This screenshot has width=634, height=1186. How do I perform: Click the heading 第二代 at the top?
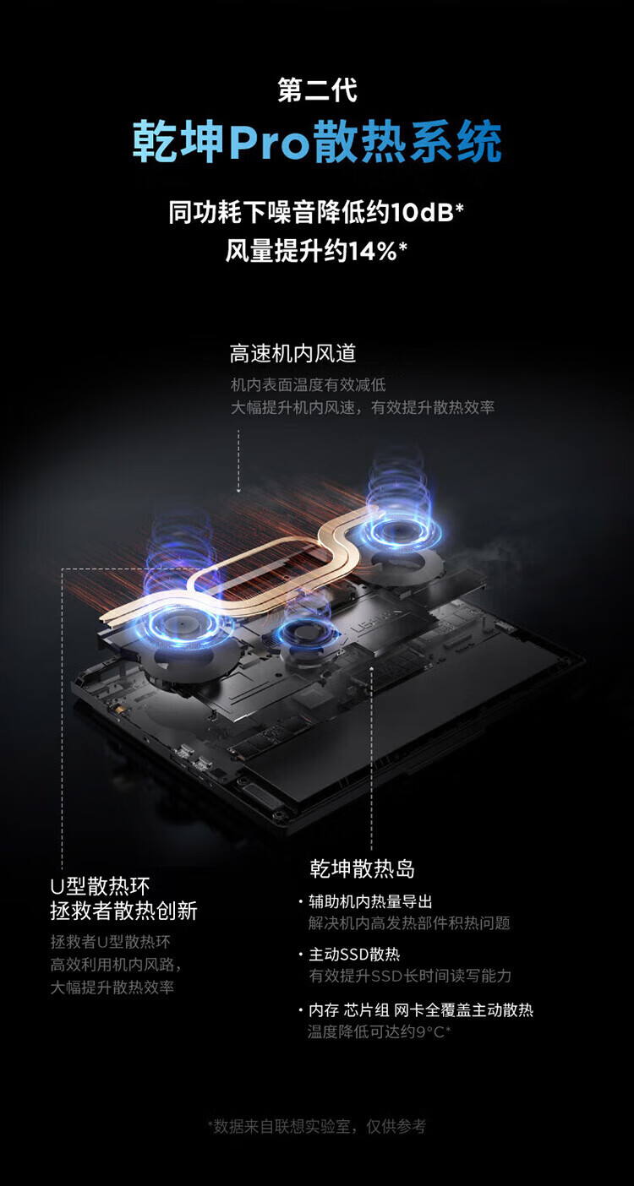point(317,90)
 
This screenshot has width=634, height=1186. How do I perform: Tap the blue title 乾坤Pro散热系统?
point(317,141)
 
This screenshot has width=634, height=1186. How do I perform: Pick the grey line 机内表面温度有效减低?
point(308,385)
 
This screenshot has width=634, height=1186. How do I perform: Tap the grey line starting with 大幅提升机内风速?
point(362,407)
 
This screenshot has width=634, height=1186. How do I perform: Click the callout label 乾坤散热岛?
point(362,868)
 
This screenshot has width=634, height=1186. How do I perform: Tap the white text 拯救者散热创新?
point(123,911)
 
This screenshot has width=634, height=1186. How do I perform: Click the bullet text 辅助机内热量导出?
point(370,902)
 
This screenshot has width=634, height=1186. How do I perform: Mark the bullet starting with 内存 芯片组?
point(420,1010)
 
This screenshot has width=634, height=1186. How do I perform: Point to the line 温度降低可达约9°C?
point(379,1031)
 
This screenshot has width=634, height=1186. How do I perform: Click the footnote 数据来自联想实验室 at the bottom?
point(317,1126)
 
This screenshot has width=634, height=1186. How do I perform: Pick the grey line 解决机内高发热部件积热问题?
point(408,923)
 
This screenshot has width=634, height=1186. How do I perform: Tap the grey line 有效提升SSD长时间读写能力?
point(410,976)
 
